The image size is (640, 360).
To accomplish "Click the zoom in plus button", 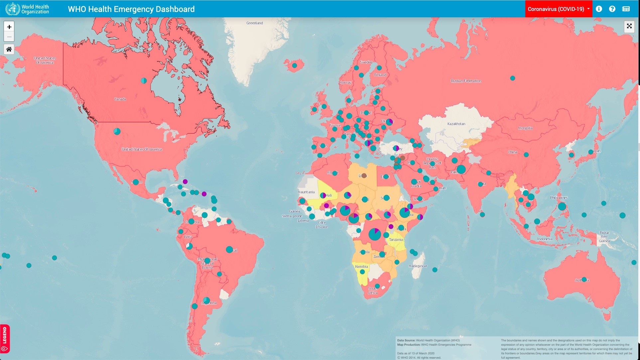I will click(x=9, y=27).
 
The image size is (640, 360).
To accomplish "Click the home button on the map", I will click(x=9, y=49).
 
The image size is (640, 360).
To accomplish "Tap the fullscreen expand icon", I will click(x=629, y=26).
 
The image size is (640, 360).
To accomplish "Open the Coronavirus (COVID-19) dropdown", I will click(x=558, y=9).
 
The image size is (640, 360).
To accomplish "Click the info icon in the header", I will click(x=599, y=9).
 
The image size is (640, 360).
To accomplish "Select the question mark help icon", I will click(x=612, y=9).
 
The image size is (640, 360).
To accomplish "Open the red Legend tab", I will click(x=5, y=339).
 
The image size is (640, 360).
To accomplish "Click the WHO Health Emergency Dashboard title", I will click(x=131, y=9).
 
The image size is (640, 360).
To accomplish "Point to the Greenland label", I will click(x=254, y=23).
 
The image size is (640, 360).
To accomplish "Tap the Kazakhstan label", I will click(x=456, y=124).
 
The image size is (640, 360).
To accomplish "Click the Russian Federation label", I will click(x=466, y=81).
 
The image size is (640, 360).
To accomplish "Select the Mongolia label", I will click(x=525, y=128).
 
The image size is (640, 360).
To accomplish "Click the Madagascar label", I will click(x=418, y=266).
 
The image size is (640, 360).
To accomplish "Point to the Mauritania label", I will click(x=306, y=192).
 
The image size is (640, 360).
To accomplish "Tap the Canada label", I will click(x=120, y=99).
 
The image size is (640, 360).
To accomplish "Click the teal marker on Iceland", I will click(x=294, y=66).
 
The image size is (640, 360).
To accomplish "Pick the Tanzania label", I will click(x=396, y=240).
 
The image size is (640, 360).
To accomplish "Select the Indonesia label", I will click(x=545, y=239).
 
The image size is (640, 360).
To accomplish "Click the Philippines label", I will click(x=559, y=198).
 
